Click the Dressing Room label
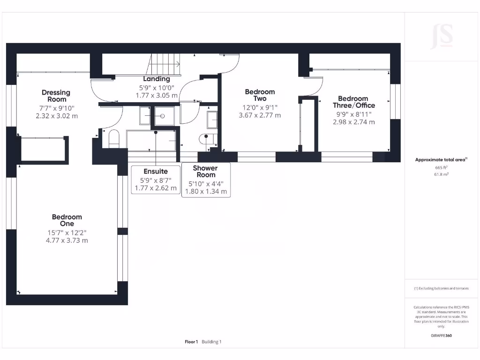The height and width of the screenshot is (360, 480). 56,96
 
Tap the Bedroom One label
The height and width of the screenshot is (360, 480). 67,220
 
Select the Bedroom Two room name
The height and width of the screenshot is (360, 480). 260,95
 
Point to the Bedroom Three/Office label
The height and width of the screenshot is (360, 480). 354,102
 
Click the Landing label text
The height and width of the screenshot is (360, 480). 157,79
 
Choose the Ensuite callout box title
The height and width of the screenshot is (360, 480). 156,172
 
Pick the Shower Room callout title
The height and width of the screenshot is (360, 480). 205,172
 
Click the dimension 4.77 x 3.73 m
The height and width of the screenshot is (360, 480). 67,240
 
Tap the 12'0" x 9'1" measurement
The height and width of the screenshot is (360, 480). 260,107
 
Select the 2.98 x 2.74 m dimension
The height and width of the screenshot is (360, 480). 354,122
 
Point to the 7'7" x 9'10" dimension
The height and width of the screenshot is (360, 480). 57,108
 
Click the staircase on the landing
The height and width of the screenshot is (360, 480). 164,64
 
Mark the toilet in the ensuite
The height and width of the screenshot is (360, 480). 114,139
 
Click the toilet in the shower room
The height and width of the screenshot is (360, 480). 208,139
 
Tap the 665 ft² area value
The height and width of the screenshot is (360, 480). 441,167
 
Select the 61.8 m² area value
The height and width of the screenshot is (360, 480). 441,174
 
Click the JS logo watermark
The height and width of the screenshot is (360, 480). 442,37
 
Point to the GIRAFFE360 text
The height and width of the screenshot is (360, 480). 441,336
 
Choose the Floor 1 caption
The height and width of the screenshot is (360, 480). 191,342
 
